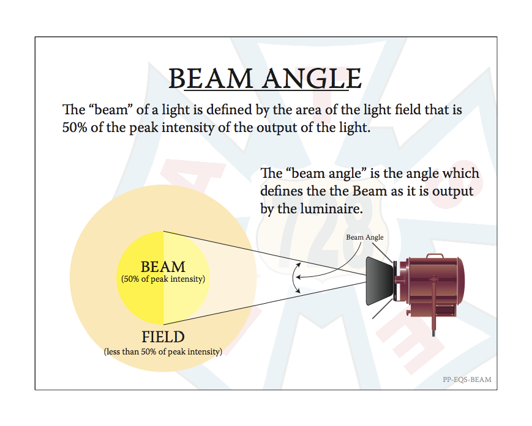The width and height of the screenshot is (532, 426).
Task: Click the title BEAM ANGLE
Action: pos(265,79)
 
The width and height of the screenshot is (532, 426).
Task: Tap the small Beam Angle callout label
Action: pos(365,237)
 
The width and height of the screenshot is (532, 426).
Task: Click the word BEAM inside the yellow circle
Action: pos(163,267)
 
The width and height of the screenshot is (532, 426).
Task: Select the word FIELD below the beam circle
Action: pos(163,337)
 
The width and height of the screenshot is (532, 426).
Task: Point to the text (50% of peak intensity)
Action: pos(163,279)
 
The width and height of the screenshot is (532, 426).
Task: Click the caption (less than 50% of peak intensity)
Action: pos(163,352)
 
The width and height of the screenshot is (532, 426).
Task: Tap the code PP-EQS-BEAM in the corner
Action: pos(467,380)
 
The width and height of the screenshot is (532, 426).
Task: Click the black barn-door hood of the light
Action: pos(380,281)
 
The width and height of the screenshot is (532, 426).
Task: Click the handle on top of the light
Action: pos(435,255)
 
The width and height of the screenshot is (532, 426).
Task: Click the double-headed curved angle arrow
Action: pos(294,277)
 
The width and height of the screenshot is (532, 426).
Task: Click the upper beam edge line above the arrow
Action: pos(265,253)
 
